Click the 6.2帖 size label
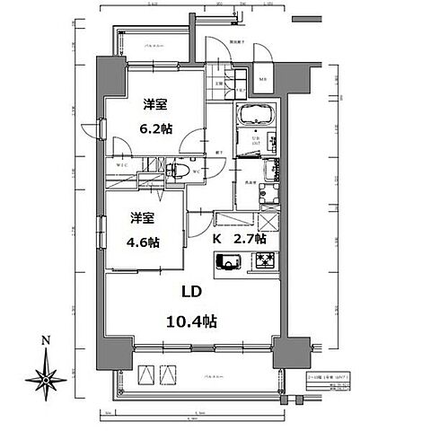(x=153, y=128)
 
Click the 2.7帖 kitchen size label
(x=250, y=241)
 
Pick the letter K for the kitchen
(x=216, y=241)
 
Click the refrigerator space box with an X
(x=268, y=224)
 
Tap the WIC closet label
(x=126, y=165)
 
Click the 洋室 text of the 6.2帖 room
(x=153, y=105)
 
